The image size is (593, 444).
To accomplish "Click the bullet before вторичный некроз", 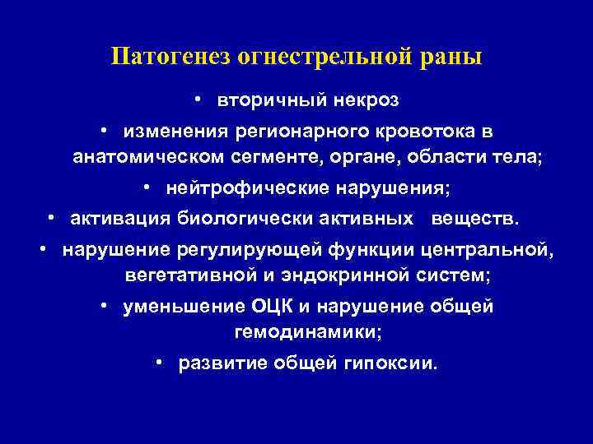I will (x=198, y=99).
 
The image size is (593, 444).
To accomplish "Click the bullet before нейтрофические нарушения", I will (x=146, y=188).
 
